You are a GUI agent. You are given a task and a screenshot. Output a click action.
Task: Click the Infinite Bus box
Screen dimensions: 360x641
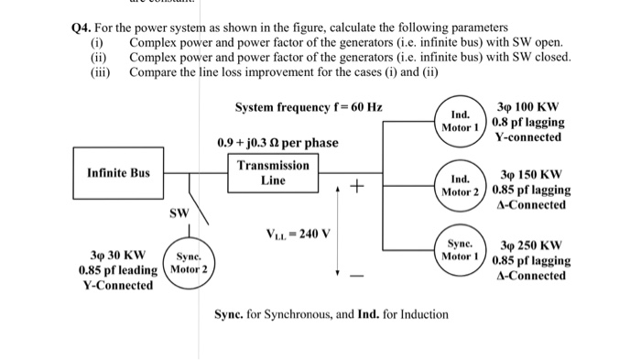click(x=118, y=172)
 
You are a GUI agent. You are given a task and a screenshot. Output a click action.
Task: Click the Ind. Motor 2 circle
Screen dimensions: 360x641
click(x=462, y=184)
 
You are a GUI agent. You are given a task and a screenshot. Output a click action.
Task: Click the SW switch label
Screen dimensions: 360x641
click(x=179, y=213)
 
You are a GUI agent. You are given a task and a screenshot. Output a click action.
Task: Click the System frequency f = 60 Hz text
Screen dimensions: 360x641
click(x=309, y=107)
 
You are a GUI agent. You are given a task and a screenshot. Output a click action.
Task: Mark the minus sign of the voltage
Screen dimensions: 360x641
click(x=358, y=276)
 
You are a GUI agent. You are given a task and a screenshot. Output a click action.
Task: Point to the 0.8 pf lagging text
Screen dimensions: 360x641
click(x=528, y=121)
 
